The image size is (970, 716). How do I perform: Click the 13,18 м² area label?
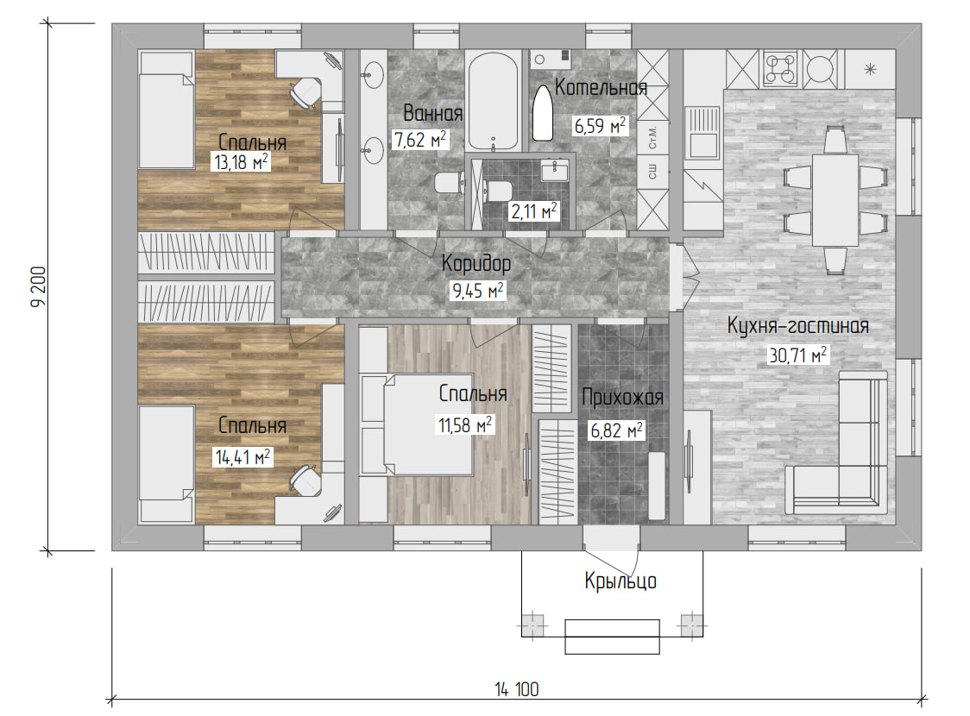(242, 161)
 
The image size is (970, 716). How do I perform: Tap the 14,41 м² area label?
(243, 457)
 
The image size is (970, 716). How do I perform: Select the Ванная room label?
(432, 113)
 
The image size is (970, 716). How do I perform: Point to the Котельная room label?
(601, 87)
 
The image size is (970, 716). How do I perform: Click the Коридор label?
(476, 263)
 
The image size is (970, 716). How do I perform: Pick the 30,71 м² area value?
(798, 355)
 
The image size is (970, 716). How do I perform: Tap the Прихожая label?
(622, 397)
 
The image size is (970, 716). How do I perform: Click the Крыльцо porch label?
(620, 581)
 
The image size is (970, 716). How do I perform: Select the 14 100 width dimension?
(517, 688)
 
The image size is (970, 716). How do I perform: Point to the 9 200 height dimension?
(38, 287)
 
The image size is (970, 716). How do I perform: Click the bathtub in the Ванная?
(493, 102)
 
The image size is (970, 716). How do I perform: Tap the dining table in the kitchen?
(835, 200)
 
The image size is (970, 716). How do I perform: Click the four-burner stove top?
(781, 69)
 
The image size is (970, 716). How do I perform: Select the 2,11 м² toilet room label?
(534, 210)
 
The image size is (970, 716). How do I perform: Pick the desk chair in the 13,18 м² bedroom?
(305, 92)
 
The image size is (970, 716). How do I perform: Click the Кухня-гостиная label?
(798, 325)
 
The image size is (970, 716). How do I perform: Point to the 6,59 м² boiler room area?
(600, 126)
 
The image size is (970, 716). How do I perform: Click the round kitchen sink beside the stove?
(822, 68)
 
